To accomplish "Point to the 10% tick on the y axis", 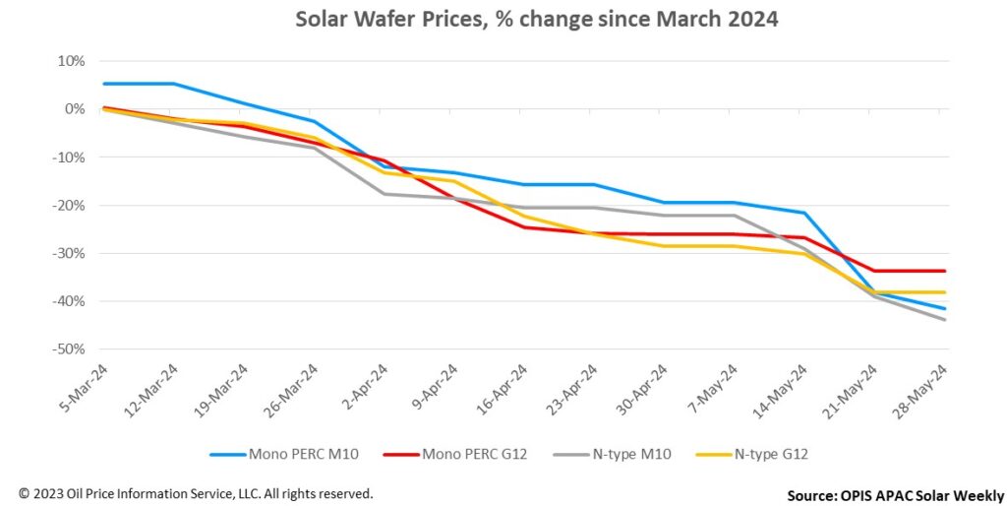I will pyautogui.click(x=73, y=61).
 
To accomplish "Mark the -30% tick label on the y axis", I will pyautogui.click(x=71, y=253).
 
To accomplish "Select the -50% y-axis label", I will pyautogui.click(x=71, y=349).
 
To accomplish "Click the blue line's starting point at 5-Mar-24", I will pyautogui.click(x=103, y=84).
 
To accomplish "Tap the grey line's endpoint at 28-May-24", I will pyautogui.click(x=945, y=320).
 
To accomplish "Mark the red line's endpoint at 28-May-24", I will pyautogui.click(x=945, y=271).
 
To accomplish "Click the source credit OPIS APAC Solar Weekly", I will pyautogui.click(x=896, y=495).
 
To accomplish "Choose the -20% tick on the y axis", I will pyautogui.click(x=71, y=205).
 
